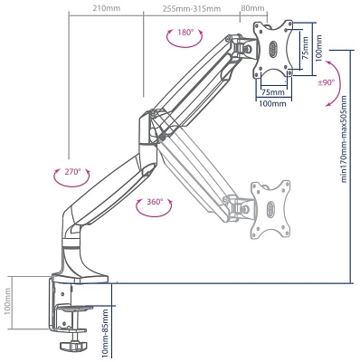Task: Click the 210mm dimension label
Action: point(106,8)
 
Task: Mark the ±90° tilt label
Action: point(327,82)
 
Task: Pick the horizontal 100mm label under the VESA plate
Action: point(270,104)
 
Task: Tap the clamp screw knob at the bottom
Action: point(72,346)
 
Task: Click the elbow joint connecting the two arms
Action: point(148,127)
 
